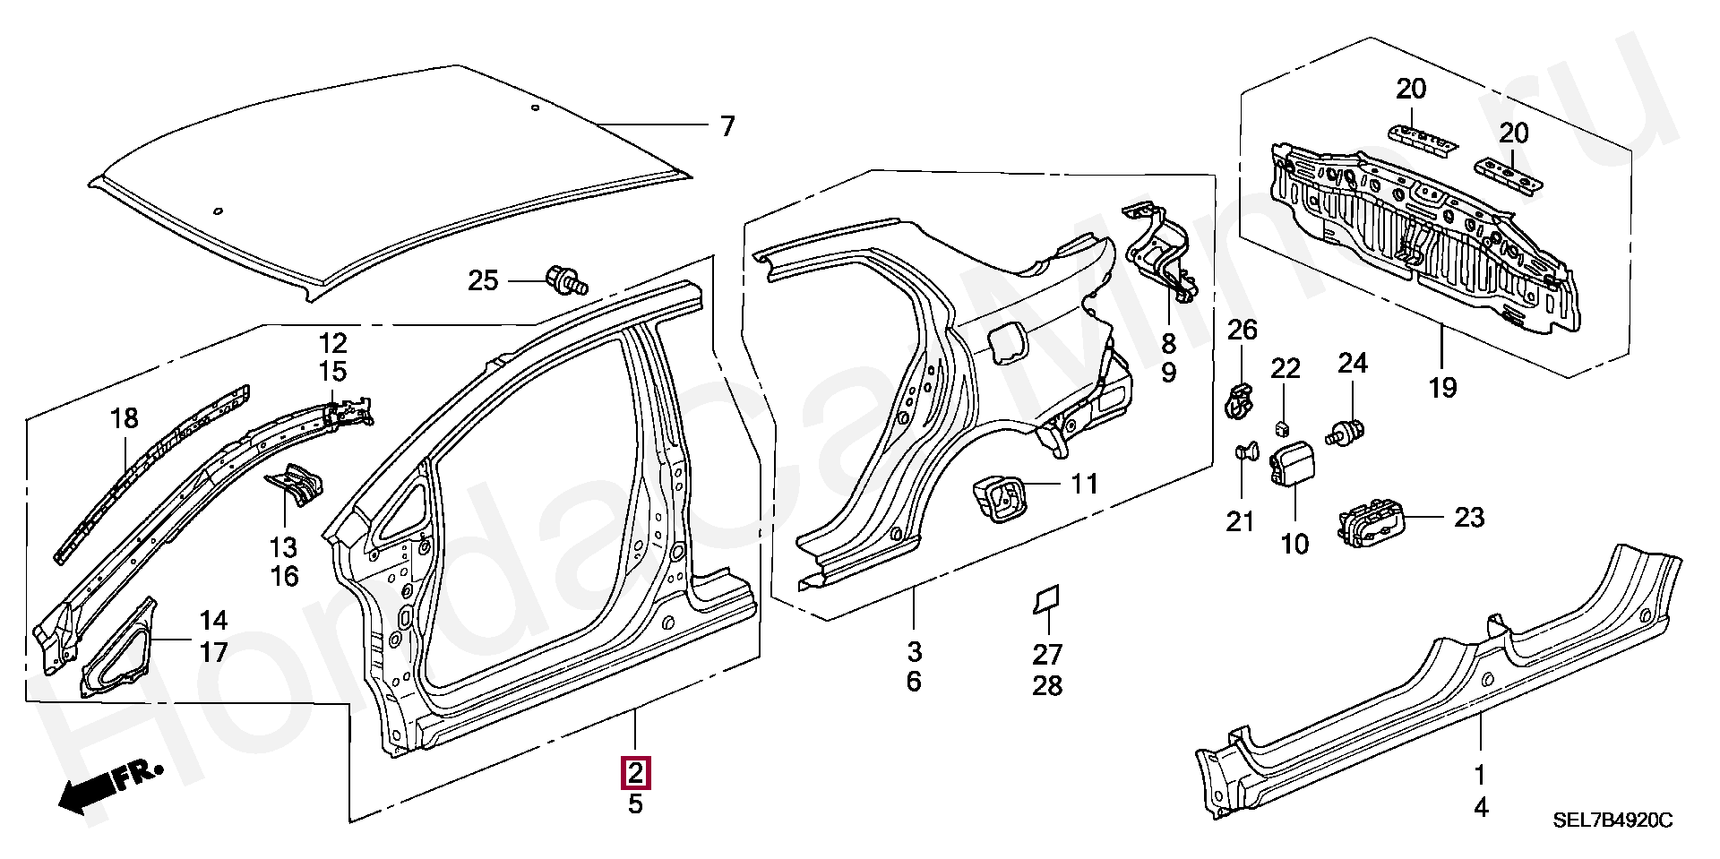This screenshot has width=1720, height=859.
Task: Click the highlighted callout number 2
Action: point(635,773)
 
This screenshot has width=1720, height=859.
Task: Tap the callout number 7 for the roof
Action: point(727,126)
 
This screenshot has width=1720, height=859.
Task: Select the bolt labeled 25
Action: point(567,279)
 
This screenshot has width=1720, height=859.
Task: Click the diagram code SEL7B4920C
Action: point(1612,820)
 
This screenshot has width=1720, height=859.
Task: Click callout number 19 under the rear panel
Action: point(1442,388)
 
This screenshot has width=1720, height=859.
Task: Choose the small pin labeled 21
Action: point(1243,451)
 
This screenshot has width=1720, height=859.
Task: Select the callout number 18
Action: point(125,418)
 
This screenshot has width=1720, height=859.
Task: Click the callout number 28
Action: point(1047,686)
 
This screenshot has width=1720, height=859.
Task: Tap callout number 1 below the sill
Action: point(1480,775)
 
